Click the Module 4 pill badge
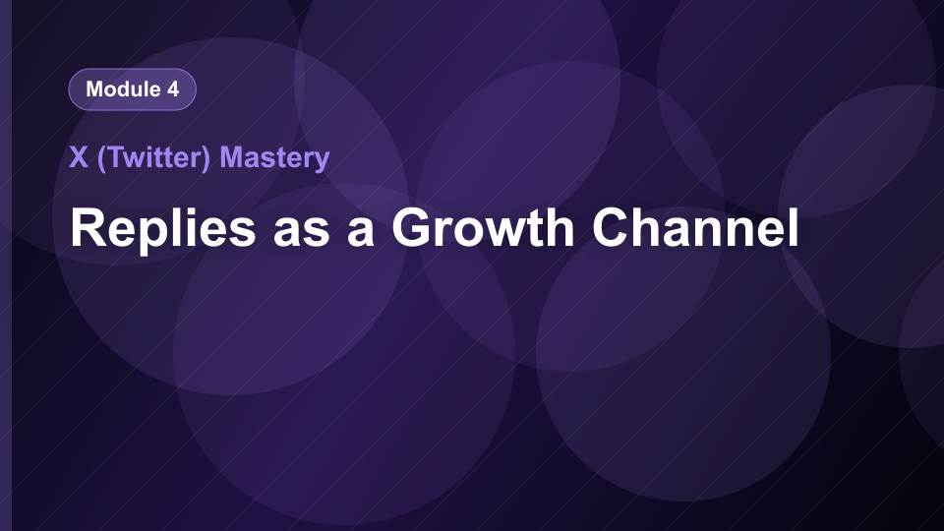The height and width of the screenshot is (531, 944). coord(133,89)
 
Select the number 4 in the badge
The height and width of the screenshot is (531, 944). coord(173,89)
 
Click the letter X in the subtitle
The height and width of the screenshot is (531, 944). coord(79,157)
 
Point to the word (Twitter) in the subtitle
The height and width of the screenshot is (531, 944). coord(153,158)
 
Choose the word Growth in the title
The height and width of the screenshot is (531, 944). coord(483,227)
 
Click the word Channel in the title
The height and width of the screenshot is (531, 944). coord(695,227)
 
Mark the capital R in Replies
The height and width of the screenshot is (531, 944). coord(89,227)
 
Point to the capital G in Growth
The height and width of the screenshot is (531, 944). coord(413,227)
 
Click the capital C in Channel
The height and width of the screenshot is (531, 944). coord(613,227)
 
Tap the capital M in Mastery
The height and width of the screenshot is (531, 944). coord(232,157)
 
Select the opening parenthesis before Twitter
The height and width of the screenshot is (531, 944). coord(101,159)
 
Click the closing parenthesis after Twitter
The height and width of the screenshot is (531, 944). coord(206,159)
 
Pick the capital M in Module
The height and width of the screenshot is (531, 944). coord(95,89)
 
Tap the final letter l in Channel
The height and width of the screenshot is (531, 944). coord(795,227)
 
